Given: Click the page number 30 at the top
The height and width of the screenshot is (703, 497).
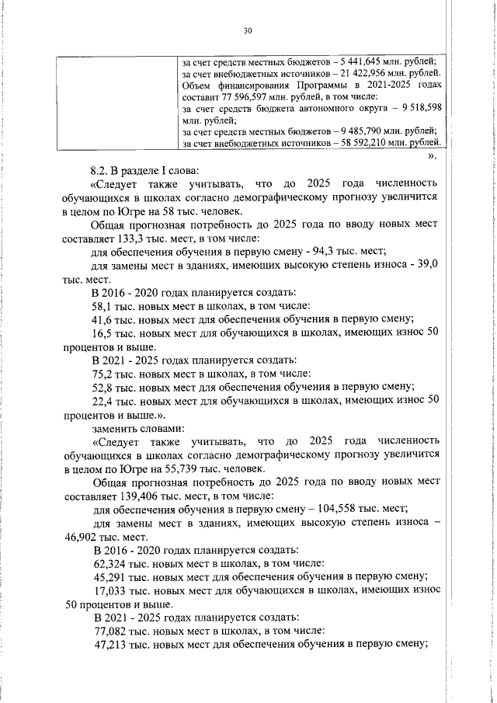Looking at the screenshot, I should pyautogui.click(x=248, y=30).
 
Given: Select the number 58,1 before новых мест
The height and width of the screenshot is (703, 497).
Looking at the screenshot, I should pyautogui.click(x=105, y=306).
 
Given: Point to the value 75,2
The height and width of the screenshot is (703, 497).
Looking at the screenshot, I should pyautogui.click(x=105, y=373).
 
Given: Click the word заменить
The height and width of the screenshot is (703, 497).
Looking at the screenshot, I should pyautogui.click(x=116, y=428).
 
